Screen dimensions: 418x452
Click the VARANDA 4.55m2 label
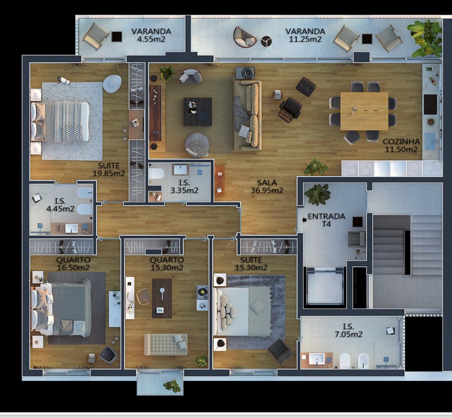click(x=151, y=35)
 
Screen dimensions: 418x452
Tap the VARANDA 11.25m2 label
click(x=305, y=35)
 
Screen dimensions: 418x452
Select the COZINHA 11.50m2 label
click(x=400, y=145)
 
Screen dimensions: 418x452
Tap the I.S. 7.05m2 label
click(x=349, y=330)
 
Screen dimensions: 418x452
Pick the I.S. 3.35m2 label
click(x=184, y=187)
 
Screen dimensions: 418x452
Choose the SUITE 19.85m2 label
click(x=108, y=169)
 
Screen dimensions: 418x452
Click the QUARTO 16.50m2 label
click(x=73, y=264)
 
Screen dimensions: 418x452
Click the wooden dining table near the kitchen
click(x=364, y=111)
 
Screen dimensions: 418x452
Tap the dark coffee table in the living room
click(x=198, y=112)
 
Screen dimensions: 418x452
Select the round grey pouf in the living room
click(x=198, y=144)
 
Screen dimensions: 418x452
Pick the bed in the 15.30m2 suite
click(x=242, y=311)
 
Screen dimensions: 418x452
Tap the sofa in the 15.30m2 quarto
click(x=166, y=344)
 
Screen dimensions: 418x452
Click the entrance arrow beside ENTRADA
click(x=304, y=220)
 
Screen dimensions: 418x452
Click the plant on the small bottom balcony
click(x=172, y=386)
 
